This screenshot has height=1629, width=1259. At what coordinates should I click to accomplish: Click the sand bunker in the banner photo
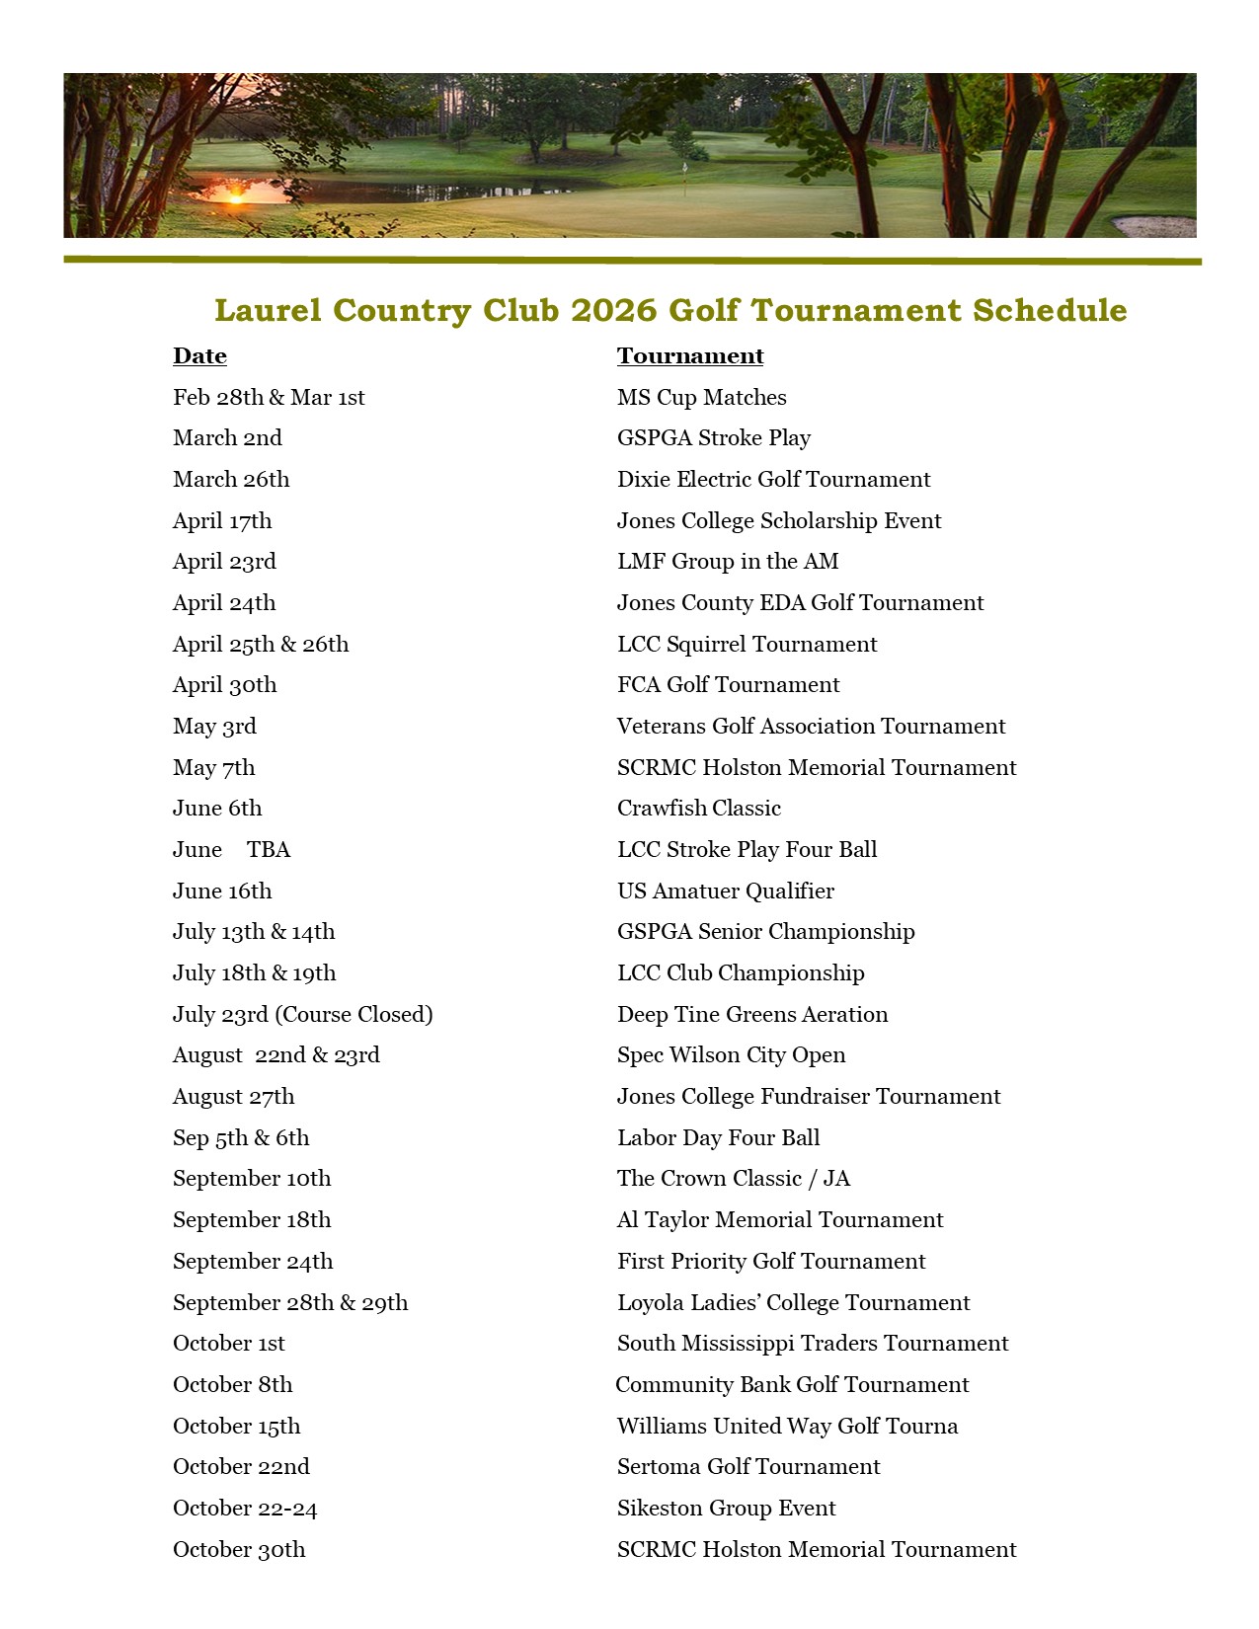(1154, 226)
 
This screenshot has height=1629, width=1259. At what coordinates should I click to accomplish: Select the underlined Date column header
(199, 356)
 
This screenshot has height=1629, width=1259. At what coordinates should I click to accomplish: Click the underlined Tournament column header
(690, 356)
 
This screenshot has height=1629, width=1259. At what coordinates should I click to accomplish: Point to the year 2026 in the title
(613, 310)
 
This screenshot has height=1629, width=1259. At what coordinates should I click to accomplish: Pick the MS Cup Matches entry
(701, 398)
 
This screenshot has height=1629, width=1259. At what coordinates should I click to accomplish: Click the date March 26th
(231, 480)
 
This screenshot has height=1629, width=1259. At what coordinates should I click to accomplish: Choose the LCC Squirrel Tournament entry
(747, 645)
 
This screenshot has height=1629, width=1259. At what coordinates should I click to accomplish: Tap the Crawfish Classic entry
(698, 809)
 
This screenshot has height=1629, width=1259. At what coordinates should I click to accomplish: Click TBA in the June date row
(269, 850)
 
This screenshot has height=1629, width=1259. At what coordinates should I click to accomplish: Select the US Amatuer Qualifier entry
(725, 892)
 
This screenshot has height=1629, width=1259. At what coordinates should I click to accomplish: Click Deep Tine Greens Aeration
(751, 1015)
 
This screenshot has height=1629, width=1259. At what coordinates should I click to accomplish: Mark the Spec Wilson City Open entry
(731, 1055)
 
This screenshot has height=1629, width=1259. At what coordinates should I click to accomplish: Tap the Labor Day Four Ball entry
(718, 1138)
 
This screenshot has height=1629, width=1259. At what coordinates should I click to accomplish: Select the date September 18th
(252, 1220)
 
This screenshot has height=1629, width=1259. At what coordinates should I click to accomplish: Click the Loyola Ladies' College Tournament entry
(793, 1303)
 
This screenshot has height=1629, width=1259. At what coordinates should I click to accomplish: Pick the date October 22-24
(245, 1509)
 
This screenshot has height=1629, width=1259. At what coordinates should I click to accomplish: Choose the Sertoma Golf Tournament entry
(748, 1467)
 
